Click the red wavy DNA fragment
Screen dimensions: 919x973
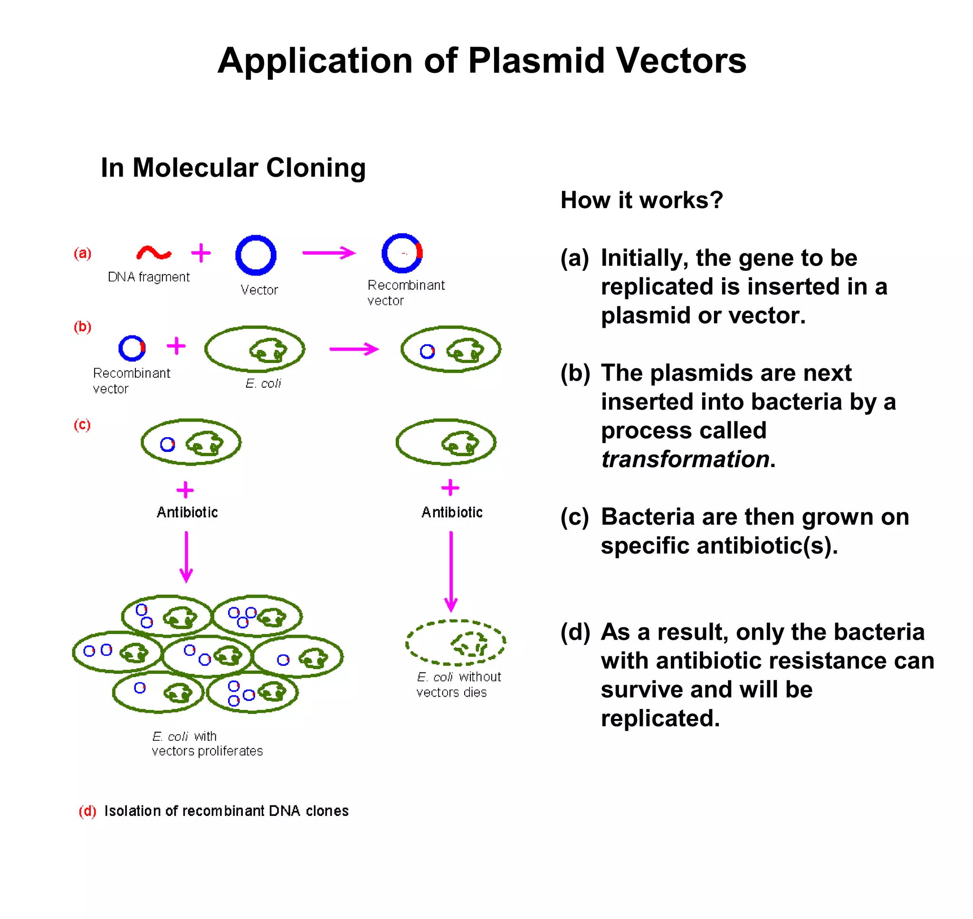(x=153, y=253)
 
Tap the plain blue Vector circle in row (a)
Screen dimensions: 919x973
(x=256, y=255)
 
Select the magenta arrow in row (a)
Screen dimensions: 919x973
(x=329, y=253)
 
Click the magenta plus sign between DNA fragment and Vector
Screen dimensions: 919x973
(x=201, y=253)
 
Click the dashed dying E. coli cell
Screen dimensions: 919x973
(x=456, y=642)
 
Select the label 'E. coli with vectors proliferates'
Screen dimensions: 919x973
(x=207, y=744)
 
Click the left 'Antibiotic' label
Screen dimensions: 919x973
(x=187, y=512)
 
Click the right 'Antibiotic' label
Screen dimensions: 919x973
(x=452, y=512)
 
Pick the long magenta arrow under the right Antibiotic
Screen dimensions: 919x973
(x=451, y=571)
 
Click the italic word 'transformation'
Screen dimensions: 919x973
(x=685, y=459)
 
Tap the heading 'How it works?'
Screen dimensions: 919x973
(x=641, y=200)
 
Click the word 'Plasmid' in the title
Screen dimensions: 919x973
(x=536, y=61)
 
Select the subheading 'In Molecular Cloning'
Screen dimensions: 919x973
(x=233, y=168)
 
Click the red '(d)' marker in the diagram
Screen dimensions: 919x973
(x=87, y=811)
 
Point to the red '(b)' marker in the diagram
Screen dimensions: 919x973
(x=82, y=326)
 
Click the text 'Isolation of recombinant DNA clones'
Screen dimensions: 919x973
(x=226, y=811)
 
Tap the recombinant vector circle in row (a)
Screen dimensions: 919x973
(x=402, y=253)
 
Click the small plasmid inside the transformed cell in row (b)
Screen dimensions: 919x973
(x=427, y=351)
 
